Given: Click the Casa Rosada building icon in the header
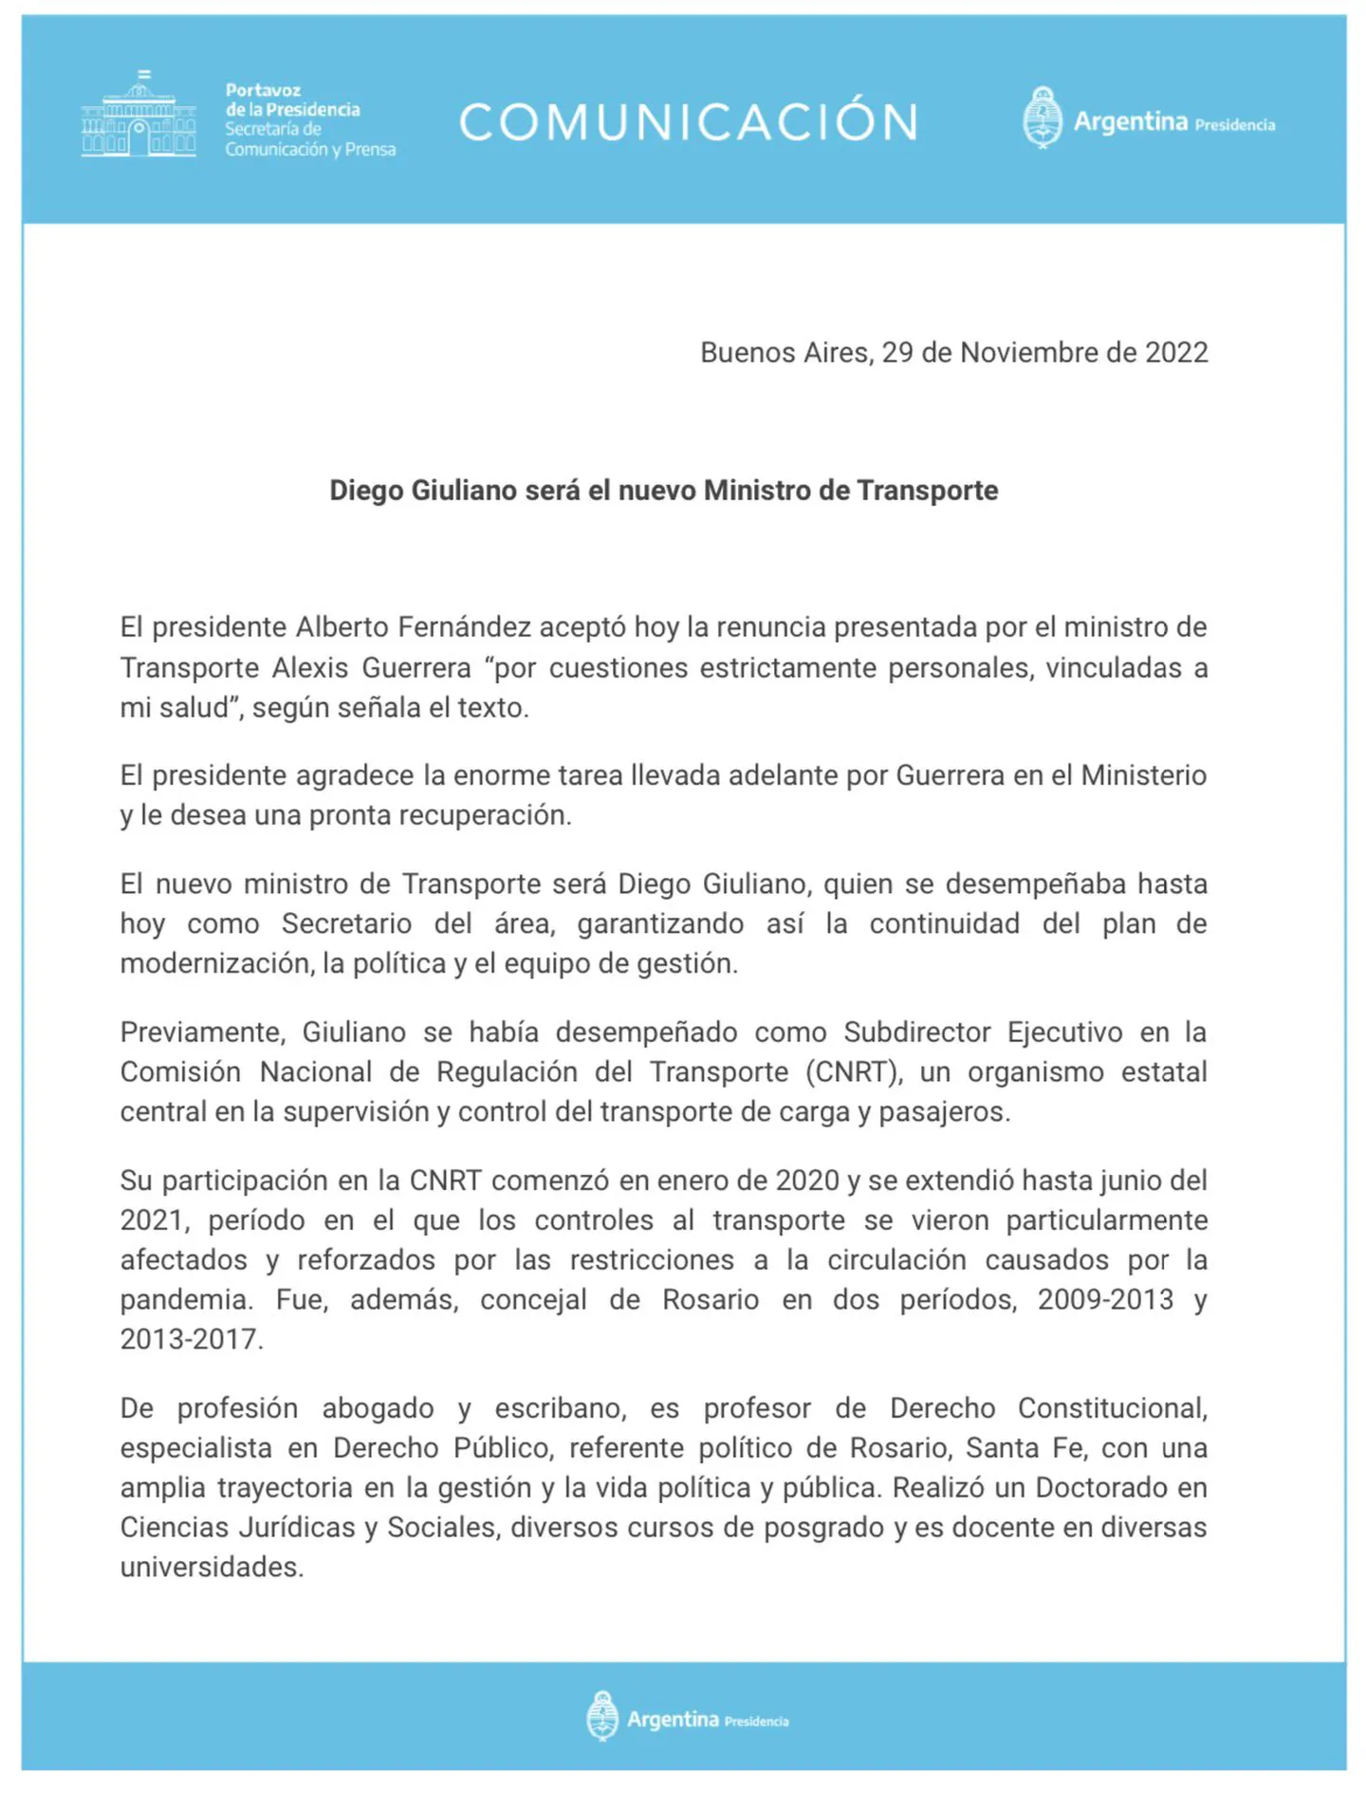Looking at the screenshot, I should pyautogui.click(x=138, y=117).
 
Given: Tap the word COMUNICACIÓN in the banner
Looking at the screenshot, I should pyautogui.click(x=689, y=122).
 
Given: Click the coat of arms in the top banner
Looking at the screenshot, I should pyautogui.click(x=1042, y=118).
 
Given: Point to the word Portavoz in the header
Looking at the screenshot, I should pyautogui.click(x=263, y=90).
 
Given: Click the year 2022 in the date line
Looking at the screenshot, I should pyautogui.click(x=1176, y=353).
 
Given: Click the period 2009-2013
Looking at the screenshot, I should pyautogui.click(x=1105, y=1300).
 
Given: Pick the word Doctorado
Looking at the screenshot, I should pyautogui.click(x=1101, y=1488).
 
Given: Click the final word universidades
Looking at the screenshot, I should pyautogui.click(x=212, y=1568).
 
